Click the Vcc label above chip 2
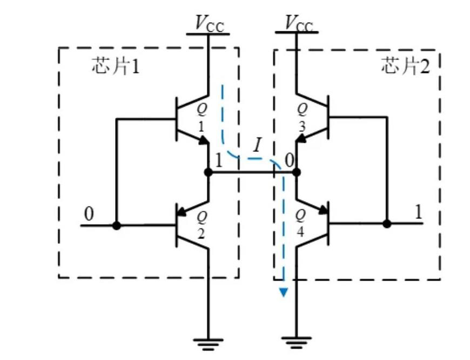(298, 24)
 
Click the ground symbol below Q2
(209, 341)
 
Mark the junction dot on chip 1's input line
(117, 224)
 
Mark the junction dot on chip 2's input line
(387, 223)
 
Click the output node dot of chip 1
(209, 172)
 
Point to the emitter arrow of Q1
(203, 141)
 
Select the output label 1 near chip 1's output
(218, 161)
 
